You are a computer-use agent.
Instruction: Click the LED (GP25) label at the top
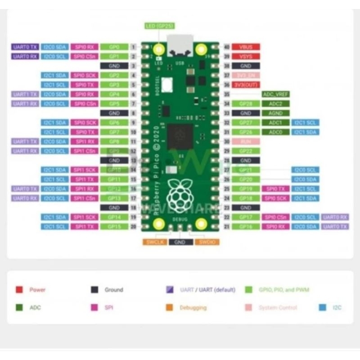[x=159, y=26]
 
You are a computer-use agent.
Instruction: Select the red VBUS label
[x=246, y=47]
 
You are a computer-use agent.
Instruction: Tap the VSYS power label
[x=246, y=57]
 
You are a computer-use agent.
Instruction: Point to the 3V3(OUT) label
[x=246, y=85]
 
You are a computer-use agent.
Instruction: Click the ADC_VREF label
[x=275, y=94]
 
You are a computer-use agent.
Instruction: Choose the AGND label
[x=275, y=113]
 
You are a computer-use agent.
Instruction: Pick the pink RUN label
[x=246, y=142]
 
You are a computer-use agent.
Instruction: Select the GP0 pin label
[x=114, y=47]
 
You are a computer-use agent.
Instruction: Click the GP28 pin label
[x=246, y=104]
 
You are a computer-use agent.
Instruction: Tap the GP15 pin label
[x=114, y=226]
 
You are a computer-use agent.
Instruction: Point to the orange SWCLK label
[x=155, y=242]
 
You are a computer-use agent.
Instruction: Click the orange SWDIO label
[x=207, y=242]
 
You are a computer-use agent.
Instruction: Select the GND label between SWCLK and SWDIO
[x=181, y=242]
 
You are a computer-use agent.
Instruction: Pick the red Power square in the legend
[x=19, y=290]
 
